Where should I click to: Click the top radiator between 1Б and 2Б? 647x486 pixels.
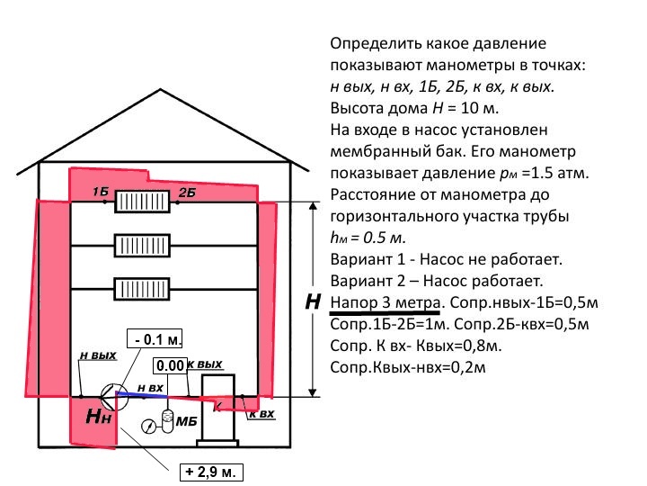141,201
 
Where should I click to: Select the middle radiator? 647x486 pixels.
141,245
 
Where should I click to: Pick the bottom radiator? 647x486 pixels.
141,289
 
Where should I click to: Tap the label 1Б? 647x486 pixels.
100,193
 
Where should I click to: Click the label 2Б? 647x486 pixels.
186,193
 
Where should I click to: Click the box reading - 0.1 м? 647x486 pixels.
155,339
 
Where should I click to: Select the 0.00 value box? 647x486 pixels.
169,365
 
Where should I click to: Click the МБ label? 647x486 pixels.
186,421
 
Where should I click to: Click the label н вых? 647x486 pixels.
98,355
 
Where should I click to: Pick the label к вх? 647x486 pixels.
261,414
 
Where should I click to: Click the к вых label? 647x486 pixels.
205,365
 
